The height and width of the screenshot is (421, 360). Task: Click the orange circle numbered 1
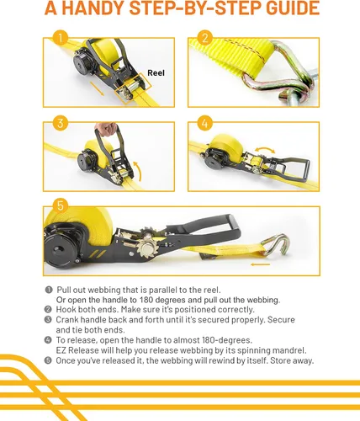coord(61,38)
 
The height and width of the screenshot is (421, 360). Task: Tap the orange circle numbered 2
coord(205,38)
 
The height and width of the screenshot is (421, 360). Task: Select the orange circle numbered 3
coord(61,123)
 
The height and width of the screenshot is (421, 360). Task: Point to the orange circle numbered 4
coord(205,123)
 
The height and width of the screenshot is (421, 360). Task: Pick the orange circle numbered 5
coord(61,205)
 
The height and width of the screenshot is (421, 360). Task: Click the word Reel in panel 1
coord(156,73)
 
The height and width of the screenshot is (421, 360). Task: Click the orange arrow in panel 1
coord(97,88)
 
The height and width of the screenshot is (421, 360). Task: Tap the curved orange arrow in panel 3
coord(138,171)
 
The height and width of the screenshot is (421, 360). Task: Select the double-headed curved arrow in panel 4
coord(265,148)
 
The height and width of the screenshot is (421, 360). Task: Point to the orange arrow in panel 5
coord(261,264)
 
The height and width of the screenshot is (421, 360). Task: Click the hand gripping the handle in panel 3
coord(106,129)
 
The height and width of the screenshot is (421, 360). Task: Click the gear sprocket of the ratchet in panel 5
coord(147,247)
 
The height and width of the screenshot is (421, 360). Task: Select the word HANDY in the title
coord(93,8)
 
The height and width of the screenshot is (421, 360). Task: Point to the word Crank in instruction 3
coord(67,320)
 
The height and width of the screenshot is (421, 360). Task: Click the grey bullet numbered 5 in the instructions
coord(48,360)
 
